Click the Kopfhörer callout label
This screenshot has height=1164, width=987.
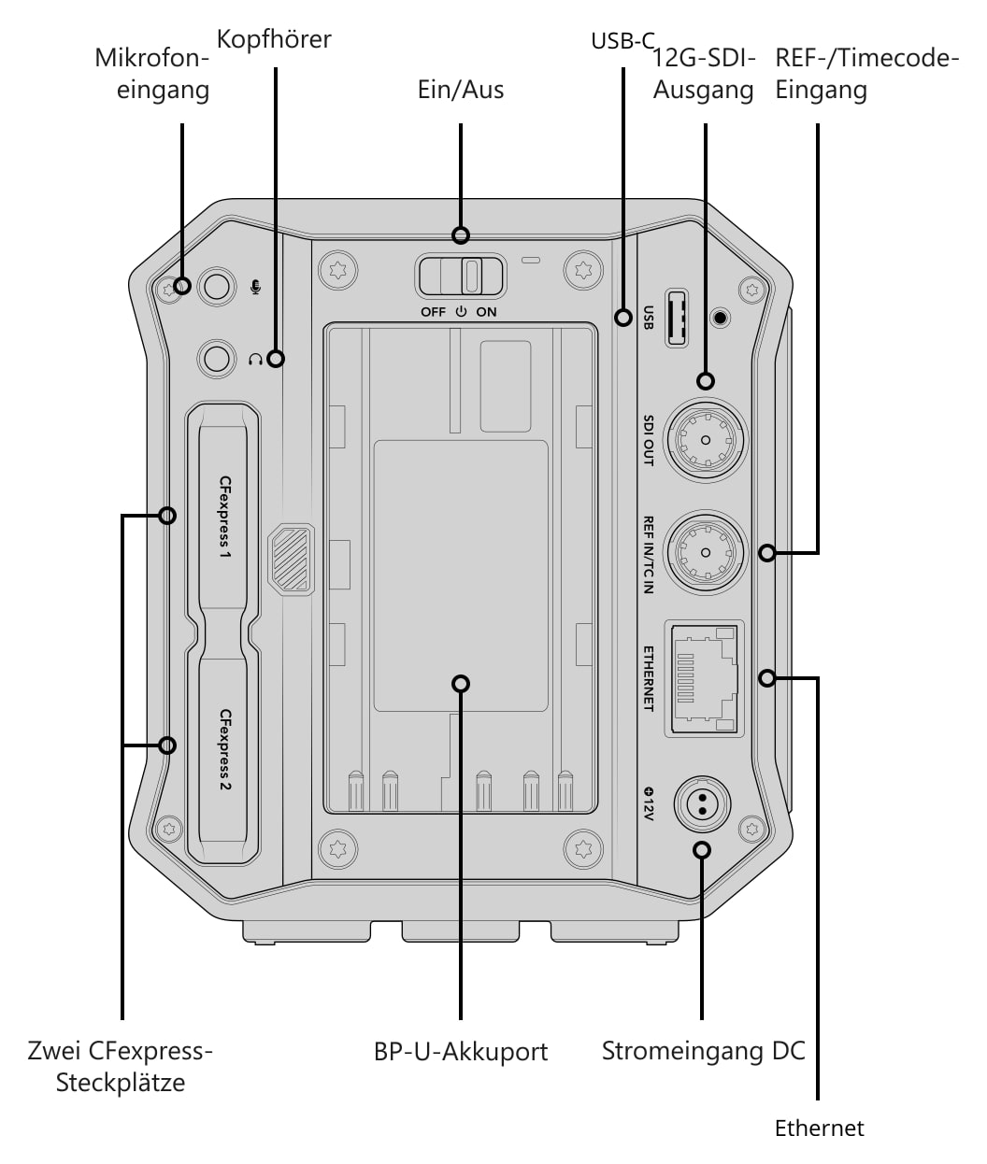point(274,40)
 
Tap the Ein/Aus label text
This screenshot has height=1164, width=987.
point(460,90)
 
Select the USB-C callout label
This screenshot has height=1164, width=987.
point(622,41)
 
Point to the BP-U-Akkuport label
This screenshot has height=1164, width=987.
point(460,1052)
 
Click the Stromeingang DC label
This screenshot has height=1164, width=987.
point(704,1051)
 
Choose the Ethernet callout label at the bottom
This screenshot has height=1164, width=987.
point(819,1129)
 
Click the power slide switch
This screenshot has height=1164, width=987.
point(460,276)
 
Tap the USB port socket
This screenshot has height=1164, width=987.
point(677,319)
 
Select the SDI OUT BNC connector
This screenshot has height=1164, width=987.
point(705,440)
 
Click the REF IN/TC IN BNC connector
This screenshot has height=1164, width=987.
point(705,552)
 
